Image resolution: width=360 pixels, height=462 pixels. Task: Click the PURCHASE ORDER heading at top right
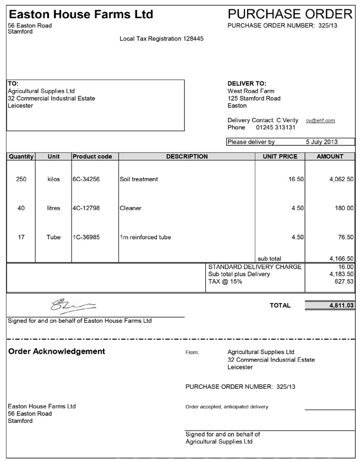coord(290,14)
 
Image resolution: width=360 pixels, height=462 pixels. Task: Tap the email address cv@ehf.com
coord(321,120)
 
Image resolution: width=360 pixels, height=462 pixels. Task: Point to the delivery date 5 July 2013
coord(321,142)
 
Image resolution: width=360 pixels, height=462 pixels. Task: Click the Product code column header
coord(92,156)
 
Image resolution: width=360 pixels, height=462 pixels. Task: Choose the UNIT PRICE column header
coord(280,156)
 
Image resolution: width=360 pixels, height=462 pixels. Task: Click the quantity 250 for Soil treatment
coord(21,179)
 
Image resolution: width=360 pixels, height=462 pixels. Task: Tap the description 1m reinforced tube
coord(145,237)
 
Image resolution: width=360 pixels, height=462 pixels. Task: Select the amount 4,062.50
coord(341,179)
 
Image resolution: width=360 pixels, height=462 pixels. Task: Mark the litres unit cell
coord(53,208)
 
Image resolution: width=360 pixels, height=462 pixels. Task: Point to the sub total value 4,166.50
coord(341,258)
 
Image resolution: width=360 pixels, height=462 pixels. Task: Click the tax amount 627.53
coord(343,281)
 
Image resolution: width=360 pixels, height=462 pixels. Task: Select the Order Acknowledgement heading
coord(57,351)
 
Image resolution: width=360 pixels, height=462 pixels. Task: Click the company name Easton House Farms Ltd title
coord(81,14)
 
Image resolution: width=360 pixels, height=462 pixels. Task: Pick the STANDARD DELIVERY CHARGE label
coord(255,267)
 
